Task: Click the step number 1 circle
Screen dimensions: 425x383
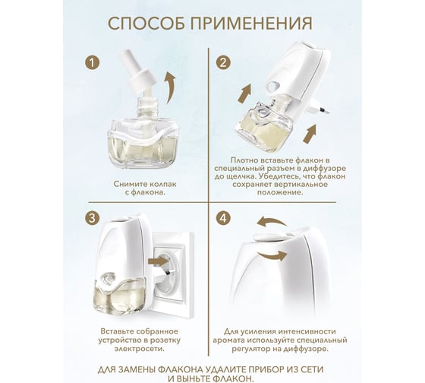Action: (93, 63)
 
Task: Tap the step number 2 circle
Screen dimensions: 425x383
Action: (223, 63)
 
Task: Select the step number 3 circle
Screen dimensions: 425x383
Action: (92, 218)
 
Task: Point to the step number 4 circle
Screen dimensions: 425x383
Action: (223, 218)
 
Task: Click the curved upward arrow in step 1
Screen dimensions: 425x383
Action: (170, 87)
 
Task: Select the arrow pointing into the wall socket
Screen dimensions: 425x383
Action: (158, 261)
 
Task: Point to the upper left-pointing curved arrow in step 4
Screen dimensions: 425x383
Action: (272, 222)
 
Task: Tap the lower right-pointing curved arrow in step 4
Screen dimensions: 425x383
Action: (272, 255)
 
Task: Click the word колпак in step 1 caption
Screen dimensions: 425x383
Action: (162, 184)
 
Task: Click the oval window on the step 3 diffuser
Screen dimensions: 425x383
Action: (108, 277)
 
